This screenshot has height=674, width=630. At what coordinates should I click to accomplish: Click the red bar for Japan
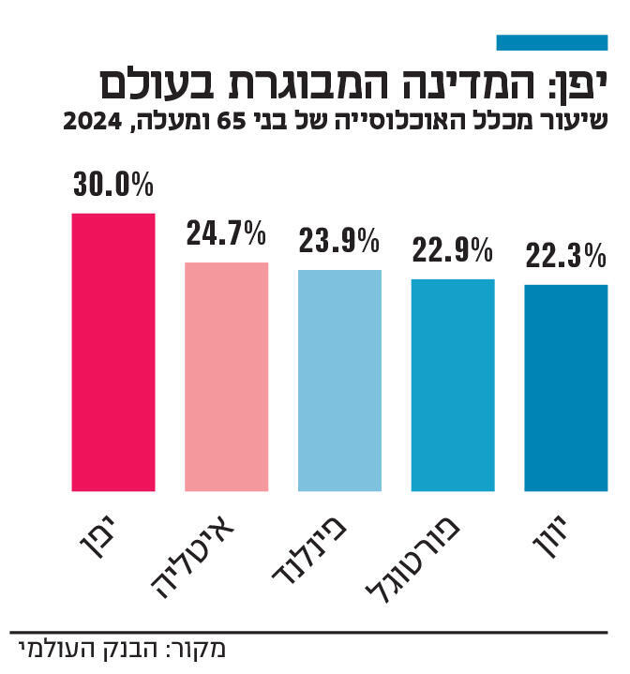click(113, 352)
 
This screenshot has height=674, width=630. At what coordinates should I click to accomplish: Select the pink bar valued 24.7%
click(226, 376)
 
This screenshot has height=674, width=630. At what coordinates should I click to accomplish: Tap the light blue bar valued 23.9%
click(339, 380)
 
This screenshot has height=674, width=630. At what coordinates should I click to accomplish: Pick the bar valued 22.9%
click(453, 384)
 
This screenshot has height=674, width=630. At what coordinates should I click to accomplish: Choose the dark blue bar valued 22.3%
click(566, 387)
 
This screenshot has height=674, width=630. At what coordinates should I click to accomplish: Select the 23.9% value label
click(339, 242)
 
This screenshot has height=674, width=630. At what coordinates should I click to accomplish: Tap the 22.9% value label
click(453, 250)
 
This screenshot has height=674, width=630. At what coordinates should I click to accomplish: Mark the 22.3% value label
click(566, 255)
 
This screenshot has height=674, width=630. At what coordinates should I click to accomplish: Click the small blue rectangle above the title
click(551, 42)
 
